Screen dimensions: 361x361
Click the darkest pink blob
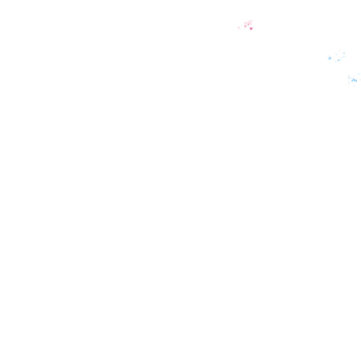[251, 29]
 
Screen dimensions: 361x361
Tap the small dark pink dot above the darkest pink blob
[248, 24]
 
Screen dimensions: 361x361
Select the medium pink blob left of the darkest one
[245, 26]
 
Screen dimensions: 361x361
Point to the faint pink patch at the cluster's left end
[239, 28]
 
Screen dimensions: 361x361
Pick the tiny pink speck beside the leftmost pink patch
[242, 28]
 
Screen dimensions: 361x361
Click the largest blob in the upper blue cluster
[330, 58]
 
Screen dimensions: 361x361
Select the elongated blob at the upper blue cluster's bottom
[338, 60]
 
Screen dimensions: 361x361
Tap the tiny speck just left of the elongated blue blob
[336, 62]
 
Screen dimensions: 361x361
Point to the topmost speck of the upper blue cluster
[339, 51]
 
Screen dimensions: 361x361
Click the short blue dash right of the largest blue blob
[337, 54]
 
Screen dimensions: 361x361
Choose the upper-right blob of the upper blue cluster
[344, 53]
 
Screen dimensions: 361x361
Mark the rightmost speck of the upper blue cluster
[345, 56]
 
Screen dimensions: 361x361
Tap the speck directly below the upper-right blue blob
[344, 57]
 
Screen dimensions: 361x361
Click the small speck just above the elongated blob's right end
[341, 59]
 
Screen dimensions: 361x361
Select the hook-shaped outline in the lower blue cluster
[350, 77]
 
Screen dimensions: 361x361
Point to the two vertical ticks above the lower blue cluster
[359, 74]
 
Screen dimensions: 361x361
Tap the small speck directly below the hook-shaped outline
[349, 83]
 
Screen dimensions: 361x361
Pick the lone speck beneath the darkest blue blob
[354, 86]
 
